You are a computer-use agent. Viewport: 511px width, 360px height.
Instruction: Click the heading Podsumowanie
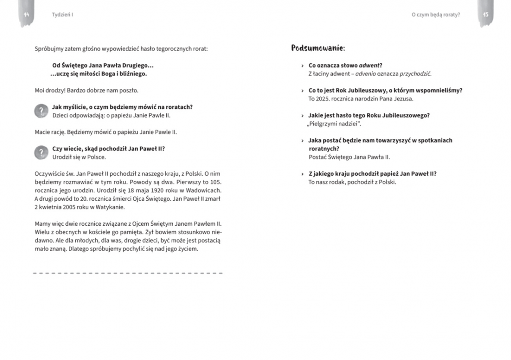[x=318, y=48]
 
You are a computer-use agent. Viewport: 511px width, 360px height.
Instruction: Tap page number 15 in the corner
[x=485, y=15]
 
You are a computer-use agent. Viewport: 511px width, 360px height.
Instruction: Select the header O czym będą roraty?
[x=436, y=15]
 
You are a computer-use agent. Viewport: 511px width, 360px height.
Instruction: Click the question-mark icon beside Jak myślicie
[x=41, y=111]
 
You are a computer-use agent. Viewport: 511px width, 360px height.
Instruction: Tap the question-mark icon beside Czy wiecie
[x=41, y=153]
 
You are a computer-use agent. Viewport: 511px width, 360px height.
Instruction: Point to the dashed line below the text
[x=128, y=273]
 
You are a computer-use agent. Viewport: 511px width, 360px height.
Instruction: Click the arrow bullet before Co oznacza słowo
[x=303, y=66]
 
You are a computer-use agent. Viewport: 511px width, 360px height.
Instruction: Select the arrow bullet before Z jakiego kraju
[x=303, y=174]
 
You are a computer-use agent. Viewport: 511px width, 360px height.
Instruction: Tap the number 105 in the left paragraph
[x=216, y=182]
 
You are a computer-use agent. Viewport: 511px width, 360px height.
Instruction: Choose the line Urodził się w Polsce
[x=79, y=157]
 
